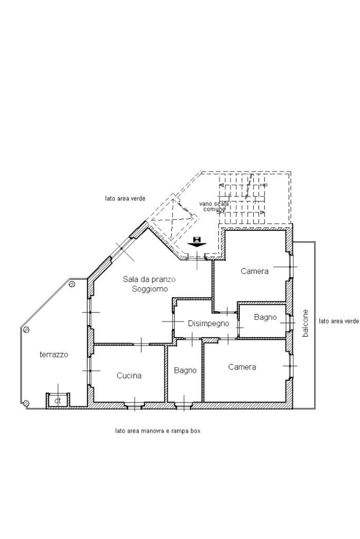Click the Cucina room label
click(129, 376)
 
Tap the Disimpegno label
click(208, 324)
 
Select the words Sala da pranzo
click(149, 279)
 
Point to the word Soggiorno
click(150, 289)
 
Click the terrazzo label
click(54, 355)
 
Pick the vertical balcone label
click(305, 324)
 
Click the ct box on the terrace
click(58, 400)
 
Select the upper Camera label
click(255, 271)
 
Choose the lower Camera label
click(242, 367)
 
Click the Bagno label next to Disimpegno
click(265, 317)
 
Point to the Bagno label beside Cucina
click(185, 370)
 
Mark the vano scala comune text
click(214, 206)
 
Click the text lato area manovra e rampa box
click(158, 430)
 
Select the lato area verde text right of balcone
click(339, 321)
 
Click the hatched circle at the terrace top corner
click(72, 285)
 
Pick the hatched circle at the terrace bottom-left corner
click(26, 403)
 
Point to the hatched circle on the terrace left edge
click(26, 330)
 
